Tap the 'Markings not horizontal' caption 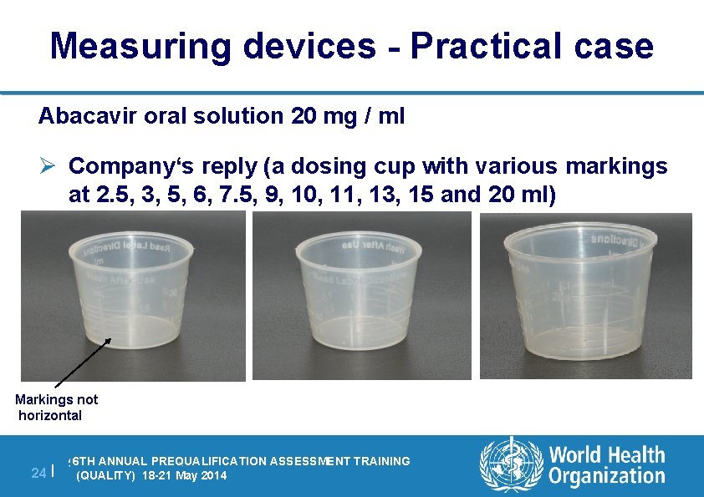click(56, 408)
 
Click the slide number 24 click(38, 473)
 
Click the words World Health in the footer click(607, 455)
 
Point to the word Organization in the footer click(607, 476)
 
